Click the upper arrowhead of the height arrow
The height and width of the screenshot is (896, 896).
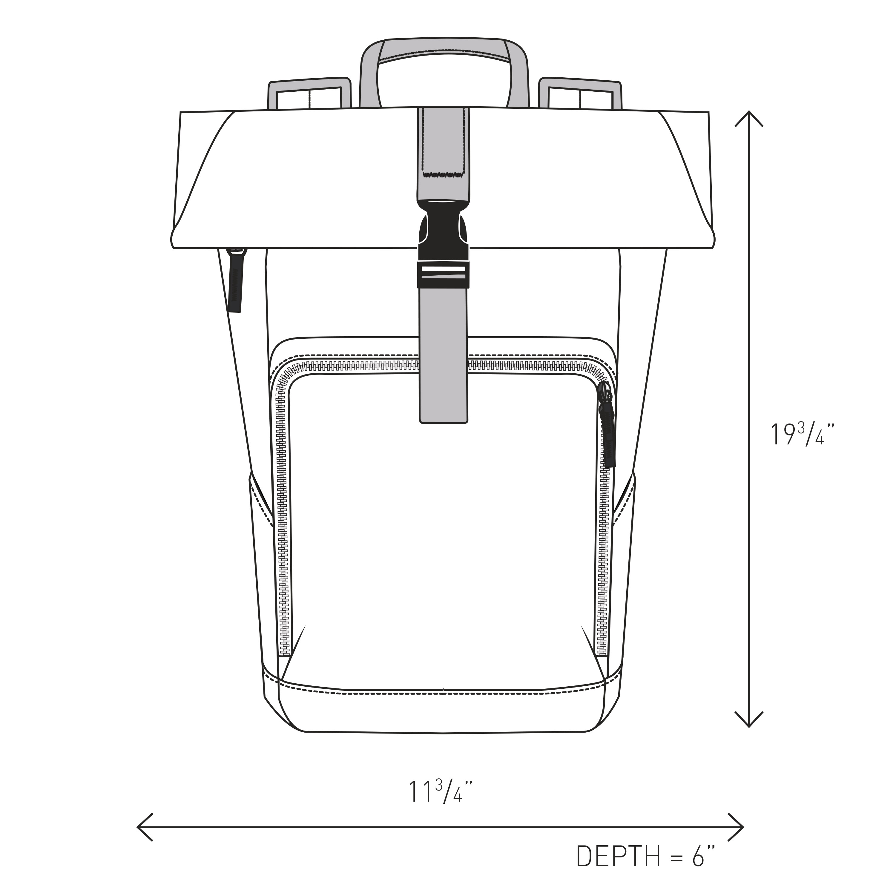click(748, 116)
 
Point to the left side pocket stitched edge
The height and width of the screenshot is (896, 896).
click(261, 503)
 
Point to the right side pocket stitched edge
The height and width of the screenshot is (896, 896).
click(624, 503)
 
